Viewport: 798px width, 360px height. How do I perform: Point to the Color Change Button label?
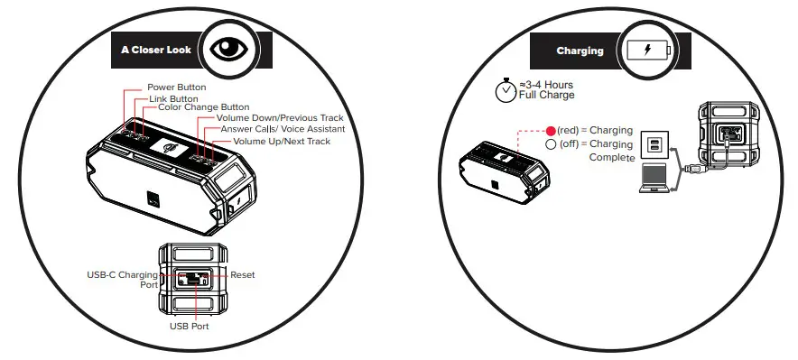coord(203,107)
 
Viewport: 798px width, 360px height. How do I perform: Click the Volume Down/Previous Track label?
coord(280,118)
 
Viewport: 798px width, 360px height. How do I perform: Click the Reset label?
coord(244,273)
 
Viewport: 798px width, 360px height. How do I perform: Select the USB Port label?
coord(190,326)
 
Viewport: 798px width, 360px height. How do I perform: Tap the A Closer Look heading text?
coord(156,51)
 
